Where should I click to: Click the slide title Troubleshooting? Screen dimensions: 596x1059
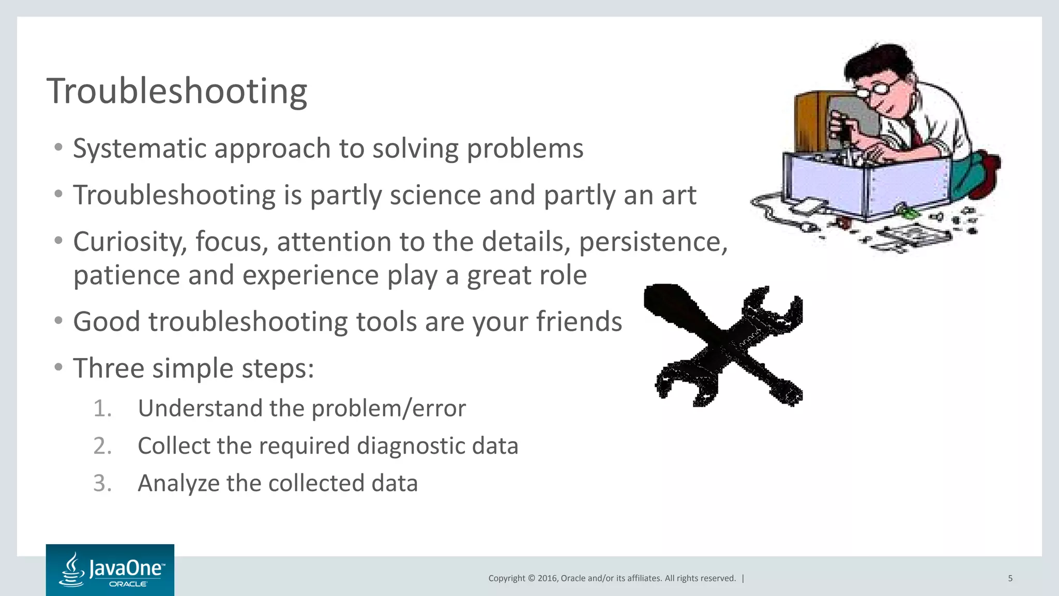click(x=177, y=91)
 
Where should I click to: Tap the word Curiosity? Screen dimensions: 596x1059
click(x=129, y=242)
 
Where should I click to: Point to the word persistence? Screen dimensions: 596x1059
click(x=653, y=242)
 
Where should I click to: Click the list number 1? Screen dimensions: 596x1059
click(x=102, y=408)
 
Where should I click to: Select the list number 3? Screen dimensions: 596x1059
click(x=102, y=483)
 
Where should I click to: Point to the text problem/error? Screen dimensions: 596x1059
click(x=388, y=408)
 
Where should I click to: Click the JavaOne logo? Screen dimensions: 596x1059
click(x=110, y=570)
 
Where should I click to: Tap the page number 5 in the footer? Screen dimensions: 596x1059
click(x=1010, y=578)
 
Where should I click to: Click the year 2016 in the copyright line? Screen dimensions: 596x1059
click(x=547, y=578)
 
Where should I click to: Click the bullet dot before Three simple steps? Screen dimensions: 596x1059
click(x=58, y=368)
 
